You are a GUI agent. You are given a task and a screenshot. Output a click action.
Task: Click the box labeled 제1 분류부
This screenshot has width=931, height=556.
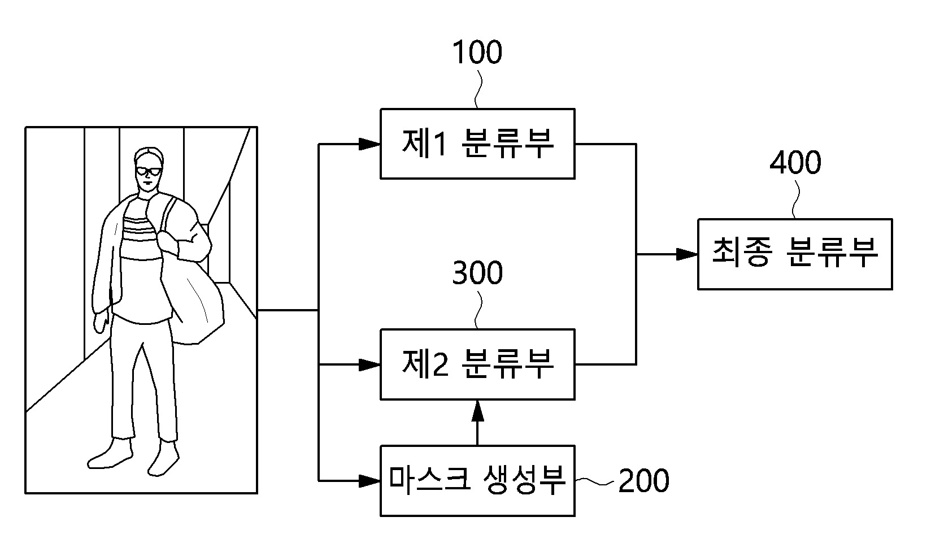(477, 144)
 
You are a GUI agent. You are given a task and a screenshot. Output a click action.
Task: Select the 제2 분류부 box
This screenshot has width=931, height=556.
(477, 364)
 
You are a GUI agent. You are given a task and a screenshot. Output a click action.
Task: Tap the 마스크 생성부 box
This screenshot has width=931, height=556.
(477, 481)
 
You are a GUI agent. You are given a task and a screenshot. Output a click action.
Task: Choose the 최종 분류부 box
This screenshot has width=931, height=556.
(795, 254)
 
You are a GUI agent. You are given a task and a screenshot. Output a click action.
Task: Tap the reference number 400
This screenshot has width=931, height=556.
(795, 163)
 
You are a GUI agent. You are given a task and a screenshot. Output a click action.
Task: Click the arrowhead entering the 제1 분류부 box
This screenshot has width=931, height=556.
(369, 144)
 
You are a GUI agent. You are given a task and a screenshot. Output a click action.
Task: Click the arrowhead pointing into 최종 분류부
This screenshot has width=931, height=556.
(687, 254)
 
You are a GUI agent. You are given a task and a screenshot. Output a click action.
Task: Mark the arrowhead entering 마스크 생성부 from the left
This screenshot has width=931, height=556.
(369, 481)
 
